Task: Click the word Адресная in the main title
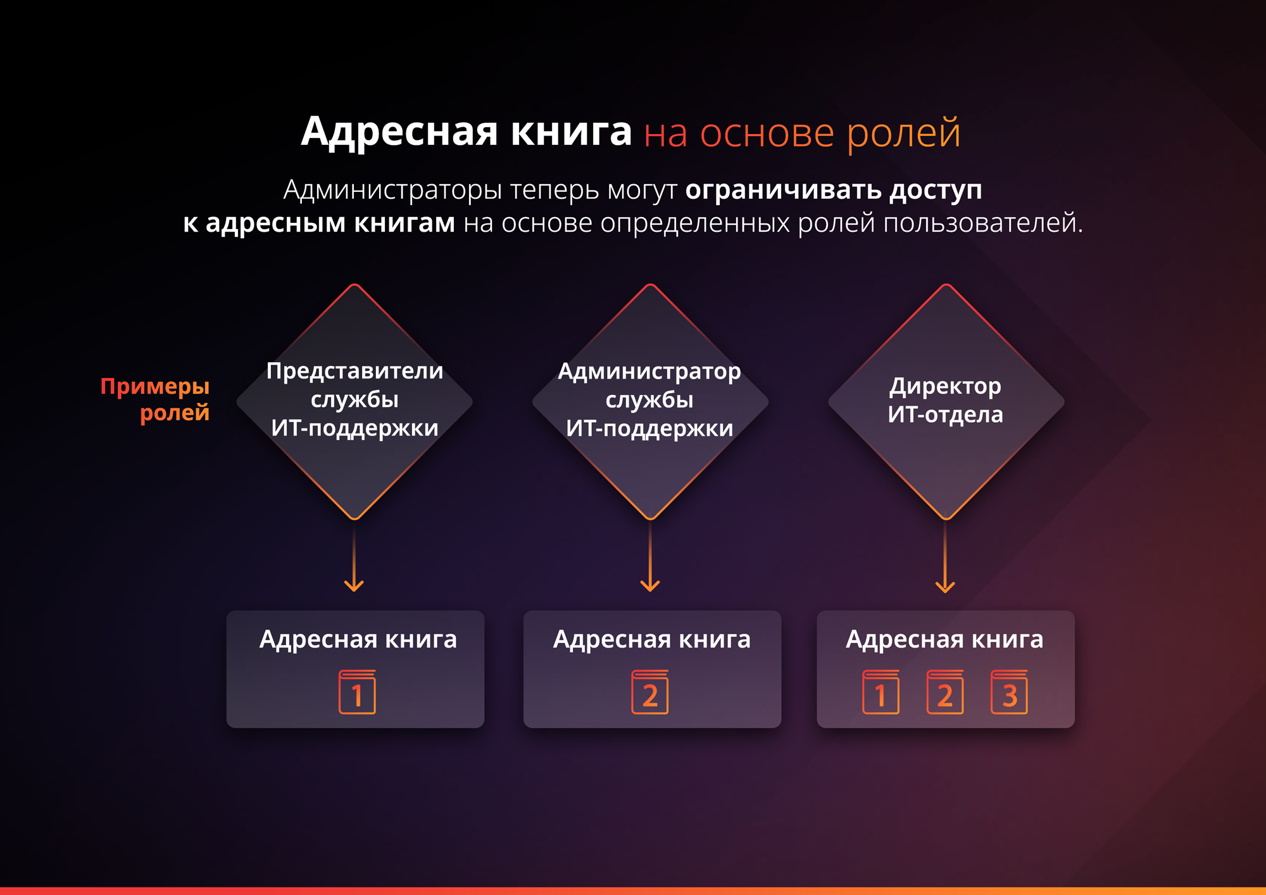click(400, 133)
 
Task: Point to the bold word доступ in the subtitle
click(936, 191)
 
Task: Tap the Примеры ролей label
click(155, 399)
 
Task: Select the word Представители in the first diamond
click(354, 371)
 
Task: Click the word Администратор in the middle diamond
click(649, 372)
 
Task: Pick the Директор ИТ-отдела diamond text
click(946, 400)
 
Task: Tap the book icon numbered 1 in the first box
click(357, 692)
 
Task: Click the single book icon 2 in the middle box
click(650, 692)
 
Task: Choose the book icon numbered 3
click(1009, 692)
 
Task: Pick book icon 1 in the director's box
click(881, 692)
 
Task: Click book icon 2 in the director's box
click(945, 692)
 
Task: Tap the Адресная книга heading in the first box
click(358, 640)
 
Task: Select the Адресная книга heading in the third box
click(944, 640)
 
